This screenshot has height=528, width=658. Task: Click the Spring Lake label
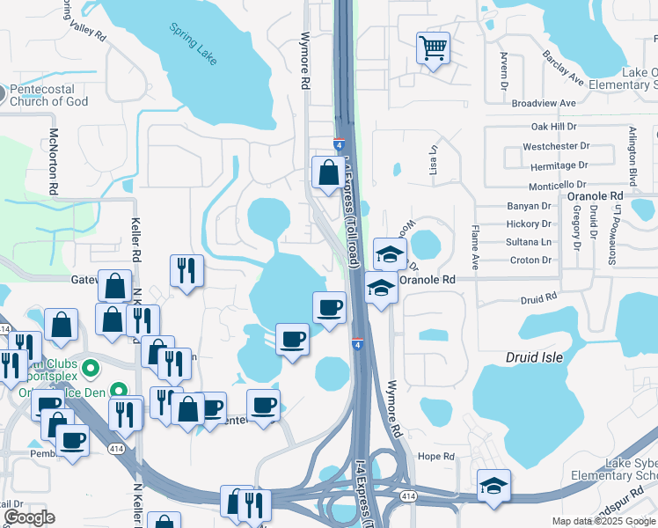click(x=194, y=43)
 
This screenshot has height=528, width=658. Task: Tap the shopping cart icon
click(x=432, y=48)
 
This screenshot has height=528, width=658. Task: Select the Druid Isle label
click(x=533, y=357)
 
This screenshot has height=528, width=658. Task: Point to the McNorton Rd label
click(x=54, y=160)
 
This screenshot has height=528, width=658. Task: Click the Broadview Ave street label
click(x=543, y=103)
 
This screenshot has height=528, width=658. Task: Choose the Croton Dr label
click(x=530, y=260)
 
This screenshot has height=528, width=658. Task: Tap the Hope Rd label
click(x=435, y=457)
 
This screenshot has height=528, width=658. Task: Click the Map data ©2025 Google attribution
click(x=603, y=521)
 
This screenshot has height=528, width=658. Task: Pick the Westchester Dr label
click(x=555, y=146)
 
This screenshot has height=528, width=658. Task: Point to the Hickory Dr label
click(x=529, y=224)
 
